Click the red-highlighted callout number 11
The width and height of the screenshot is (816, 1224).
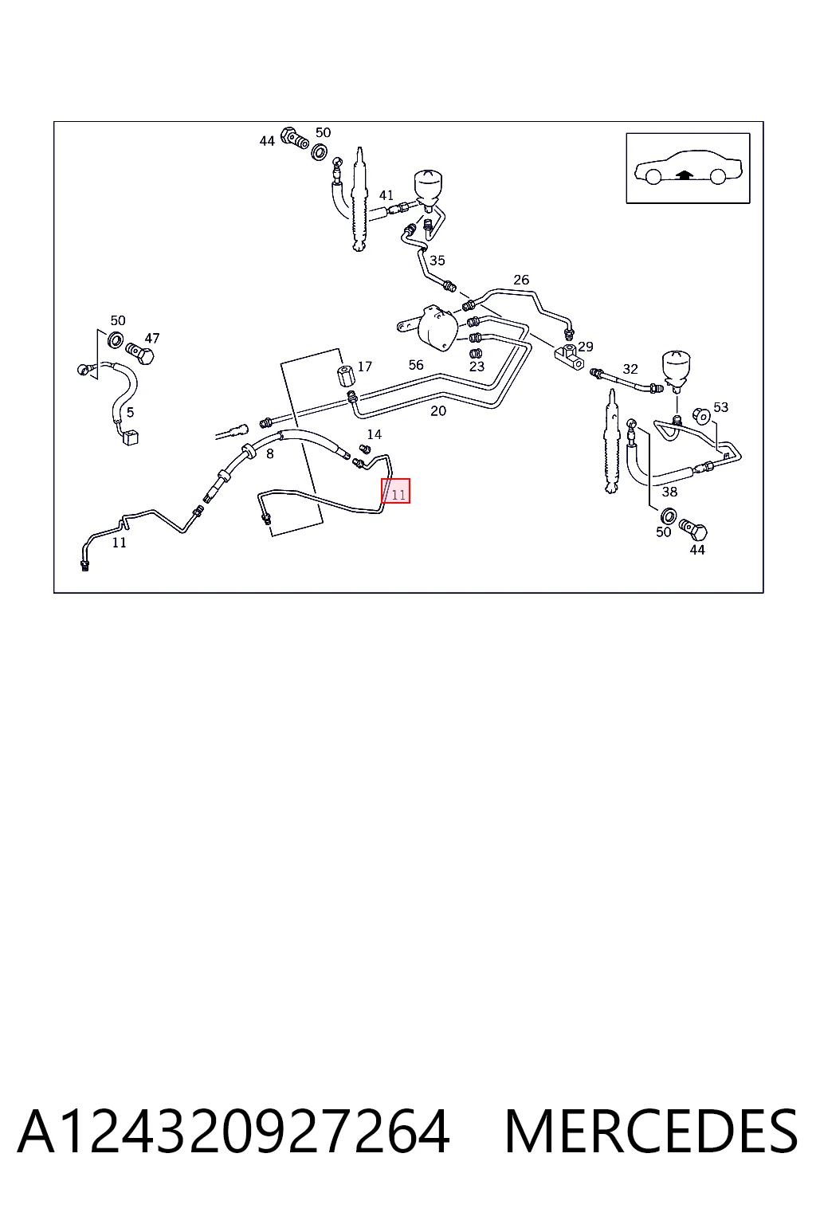coord(398,495)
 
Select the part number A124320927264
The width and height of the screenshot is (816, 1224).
coord(234,1132)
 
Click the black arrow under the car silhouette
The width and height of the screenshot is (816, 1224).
coord(684,175)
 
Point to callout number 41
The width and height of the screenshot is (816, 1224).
coord(386,195)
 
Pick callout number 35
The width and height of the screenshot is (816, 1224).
coord(437,261)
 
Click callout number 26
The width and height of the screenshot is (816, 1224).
coord(521,280)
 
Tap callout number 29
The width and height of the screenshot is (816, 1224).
coord(586,347)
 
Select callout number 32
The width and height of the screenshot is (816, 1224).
coord(630,369)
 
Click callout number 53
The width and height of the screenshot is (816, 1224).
coord(721,407)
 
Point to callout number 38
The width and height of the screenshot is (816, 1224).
coord(669,492)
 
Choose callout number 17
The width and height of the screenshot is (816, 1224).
coord(364,366)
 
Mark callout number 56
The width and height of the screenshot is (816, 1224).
coord(416,364)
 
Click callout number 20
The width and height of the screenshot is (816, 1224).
coord(438,411)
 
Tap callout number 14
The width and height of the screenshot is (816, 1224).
coord(375,434)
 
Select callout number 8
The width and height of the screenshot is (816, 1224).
coord(270,453)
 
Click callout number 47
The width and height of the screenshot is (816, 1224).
coord(152,338)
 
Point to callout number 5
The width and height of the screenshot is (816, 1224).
coord(130,412)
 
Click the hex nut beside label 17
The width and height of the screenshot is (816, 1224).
coord(345,375)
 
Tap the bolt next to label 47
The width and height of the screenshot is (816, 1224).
coord(140,354)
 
